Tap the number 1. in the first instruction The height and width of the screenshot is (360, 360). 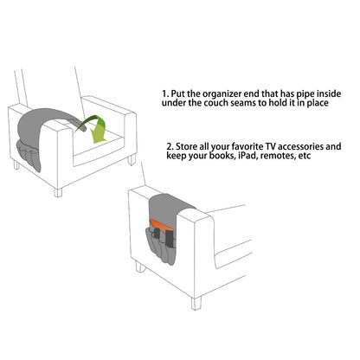pos(164,92)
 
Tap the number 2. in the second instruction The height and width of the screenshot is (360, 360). pos(170,145)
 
